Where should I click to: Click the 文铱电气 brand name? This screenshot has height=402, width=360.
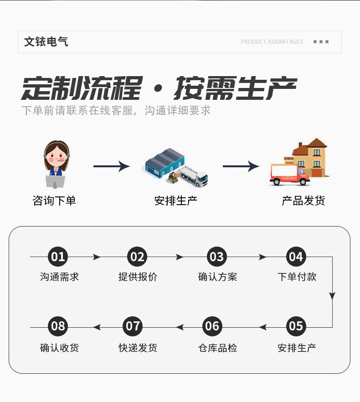46,42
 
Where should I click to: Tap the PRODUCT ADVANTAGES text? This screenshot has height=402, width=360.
272,42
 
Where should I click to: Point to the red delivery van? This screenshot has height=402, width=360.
289,175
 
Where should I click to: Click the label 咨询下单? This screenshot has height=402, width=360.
54,201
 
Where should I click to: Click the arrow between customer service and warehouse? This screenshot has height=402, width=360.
111,166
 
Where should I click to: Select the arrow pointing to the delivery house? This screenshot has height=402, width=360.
241,166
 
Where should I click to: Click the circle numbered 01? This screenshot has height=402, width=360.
58,257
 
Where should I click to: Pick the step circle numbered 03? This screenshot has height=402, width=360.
217,257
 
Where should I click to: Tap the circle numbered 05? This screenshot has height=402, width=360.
296,326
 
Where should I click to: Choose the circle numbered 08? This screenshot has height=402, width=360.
58,326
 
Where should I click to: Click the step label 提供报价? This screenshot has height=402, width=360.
138,277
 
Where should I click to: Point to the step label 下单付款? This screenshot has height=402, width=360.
297,277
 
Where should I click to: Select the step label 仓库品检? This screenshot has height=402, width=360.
217,348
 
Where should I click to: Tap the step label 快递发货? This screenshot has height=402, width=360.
138,348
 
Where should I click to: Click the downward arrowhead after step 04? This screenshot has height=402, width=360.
332,296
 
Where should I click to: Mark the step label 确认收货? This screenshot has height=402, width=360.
59,348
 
